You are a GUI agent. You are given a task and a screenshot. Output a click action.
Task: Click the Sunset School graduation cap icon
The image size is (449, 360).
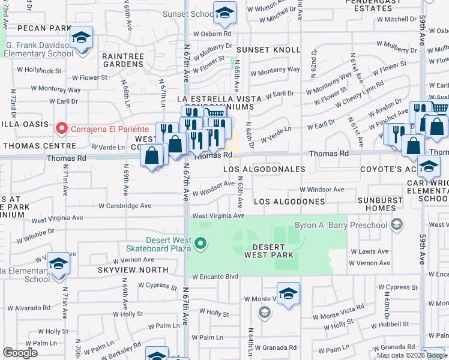pyautogui.click(x=224, y=13)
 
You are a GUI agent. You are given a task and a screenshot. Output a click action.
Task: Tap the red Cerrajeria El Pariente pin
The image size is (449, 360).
pyautogui.click(x=61, y=128)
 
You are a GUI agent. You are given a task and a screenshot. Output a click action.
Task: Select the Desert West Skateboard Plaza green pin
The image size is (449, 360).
pyautogui.click(x=202, y=244)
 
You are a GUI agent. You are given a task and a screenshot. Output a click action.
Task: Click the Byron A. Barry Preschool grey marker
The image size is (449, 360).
pyautogui.click(x=396, y=225)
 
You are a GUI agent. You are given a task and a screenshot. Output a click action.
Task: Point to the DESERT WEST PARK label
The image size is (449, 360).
pyautogui.click(x=269, y=251)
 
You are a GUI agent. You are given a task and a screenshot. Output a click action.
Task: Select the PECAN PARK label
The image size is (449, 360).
pyautogui.click(x=44, y=28)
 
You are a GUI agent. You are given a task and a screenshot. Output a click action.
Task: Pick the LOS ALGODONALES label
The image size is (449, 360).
pyautogui.click(x=265, y=170)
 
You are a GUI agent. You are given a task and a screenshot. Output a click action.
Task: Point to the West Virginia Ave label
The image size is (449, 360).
pyautogui.click(x=218, y=215)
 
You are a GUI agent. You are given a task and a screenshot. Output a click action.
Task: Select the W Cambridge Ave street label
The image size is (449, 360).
pyautogui.click(x=125, y=205)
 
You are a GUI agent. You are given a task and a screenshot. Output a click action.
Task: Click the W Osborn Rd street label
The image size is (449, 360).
pyautogui.click(x=211, y=32)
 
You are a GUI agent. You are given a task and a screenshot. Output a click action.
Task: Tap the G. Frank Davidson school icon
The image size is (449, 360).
pyautogui.click(x=81, y=38)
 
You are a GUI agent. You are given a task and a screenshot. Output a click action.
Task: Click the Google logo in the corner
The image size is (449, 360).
pyautogui.click(x=20, y=353)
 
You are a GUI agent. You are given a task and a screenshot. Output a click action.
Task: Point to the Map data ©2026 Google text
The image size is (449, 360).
pyautogui.click(x=411, y=356)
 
